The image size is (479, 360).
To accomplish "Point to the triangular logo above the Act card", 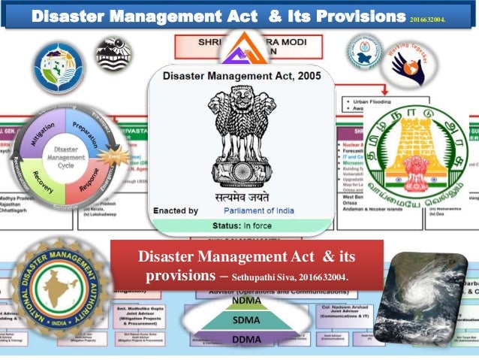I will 240,49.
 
